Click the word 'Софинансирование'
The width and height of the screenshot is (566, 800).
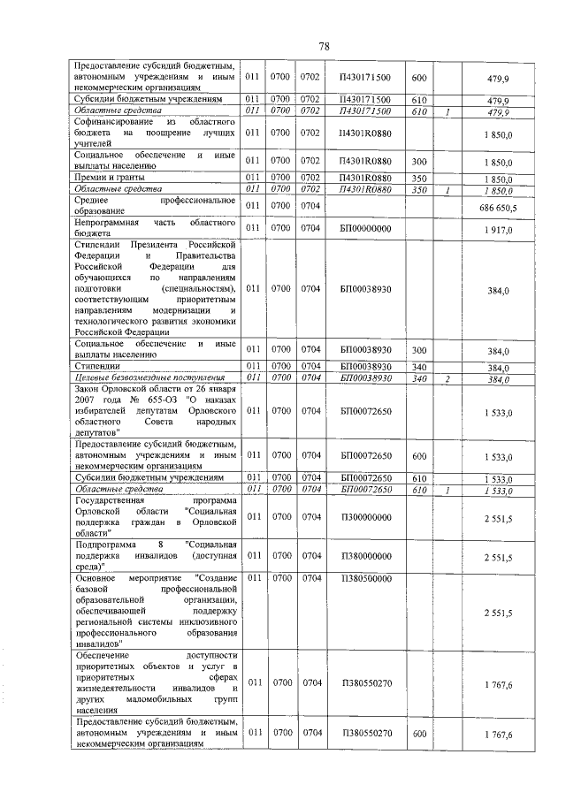pos(116,120)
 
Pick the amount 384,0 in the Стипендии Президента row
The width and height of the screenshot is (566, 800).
pos(499,289)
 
